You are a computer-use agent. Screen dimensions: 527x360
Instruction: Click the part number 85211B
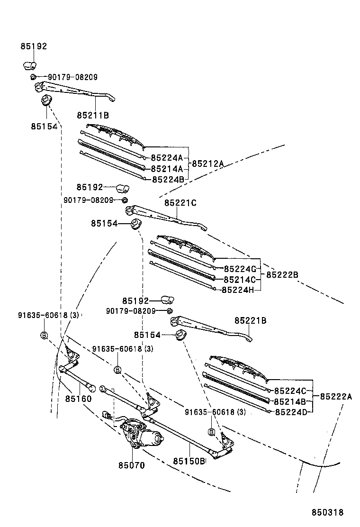click(x=93, y=115)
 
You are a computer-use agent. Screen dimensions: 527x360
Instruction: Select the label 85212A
click(x=207, y=164)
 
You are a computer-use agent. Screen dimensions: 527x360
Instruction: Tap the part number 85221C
click(x=180, y=203)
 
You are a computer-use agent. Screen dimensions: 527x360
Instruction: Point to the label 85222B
click(x=282, y=275)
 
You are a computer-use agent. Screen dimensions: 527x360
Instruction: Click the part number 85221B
click(x=250, y=321)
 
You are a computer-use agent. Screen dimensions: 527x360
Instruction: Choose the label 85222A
click(x=336, y=397)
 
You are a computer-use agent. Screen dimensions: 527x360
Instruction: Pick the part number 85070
click(x=131, y=465)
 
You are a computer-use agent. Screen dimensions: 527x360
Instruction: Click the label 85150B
click(x=189, y=461)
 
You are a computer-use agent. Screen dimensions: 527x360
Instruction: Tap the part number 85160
click(x=78, y=399)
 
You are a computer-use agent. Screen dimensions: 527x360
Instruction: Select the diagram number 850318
click(x=327, y=513)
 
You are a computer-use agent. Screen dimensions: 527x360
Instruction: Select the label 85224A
click(x=167, y=157)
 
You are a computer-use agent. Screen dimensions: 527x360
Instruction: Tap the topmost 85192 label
click(x=34, y=46)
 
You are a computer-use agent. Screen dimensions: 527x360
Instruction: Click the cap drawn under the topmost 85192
click(x=31, y=65)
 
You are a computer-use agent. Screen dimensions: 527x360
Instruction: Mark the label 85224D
click(x=292, y=411)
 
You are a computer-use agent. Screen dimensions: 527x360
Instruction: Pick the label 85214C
click(x=240, y=279)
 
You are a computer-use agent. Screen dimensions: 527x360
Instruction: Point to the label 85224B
click(x=168, y=179)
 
